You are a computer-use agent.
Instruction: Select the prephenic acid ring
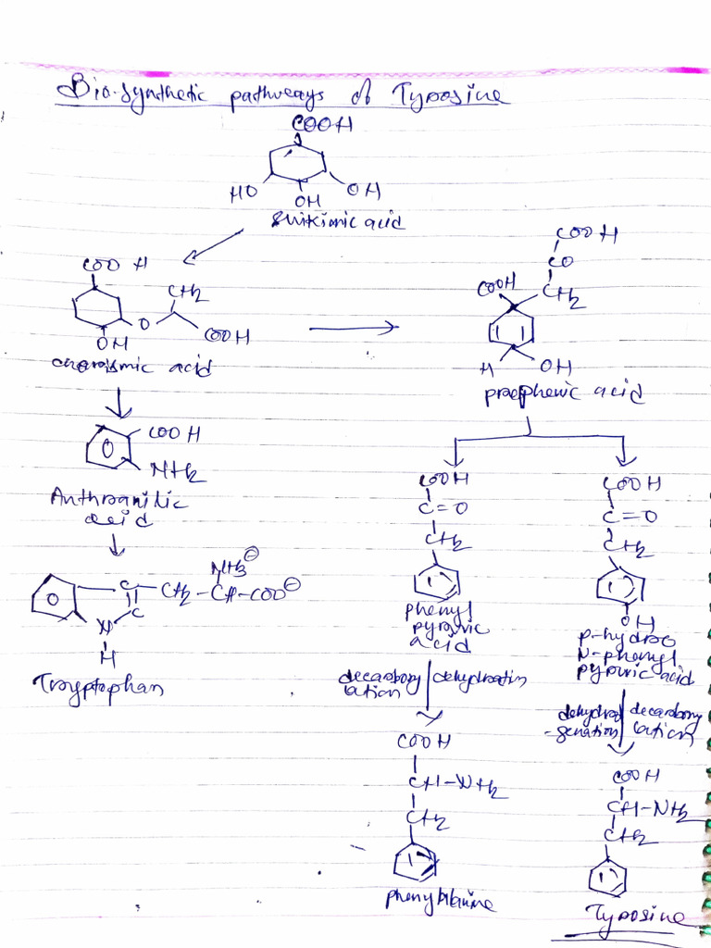(510, 328)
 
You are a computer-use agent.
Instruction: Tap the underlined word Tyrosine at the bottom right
(639, 917)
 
